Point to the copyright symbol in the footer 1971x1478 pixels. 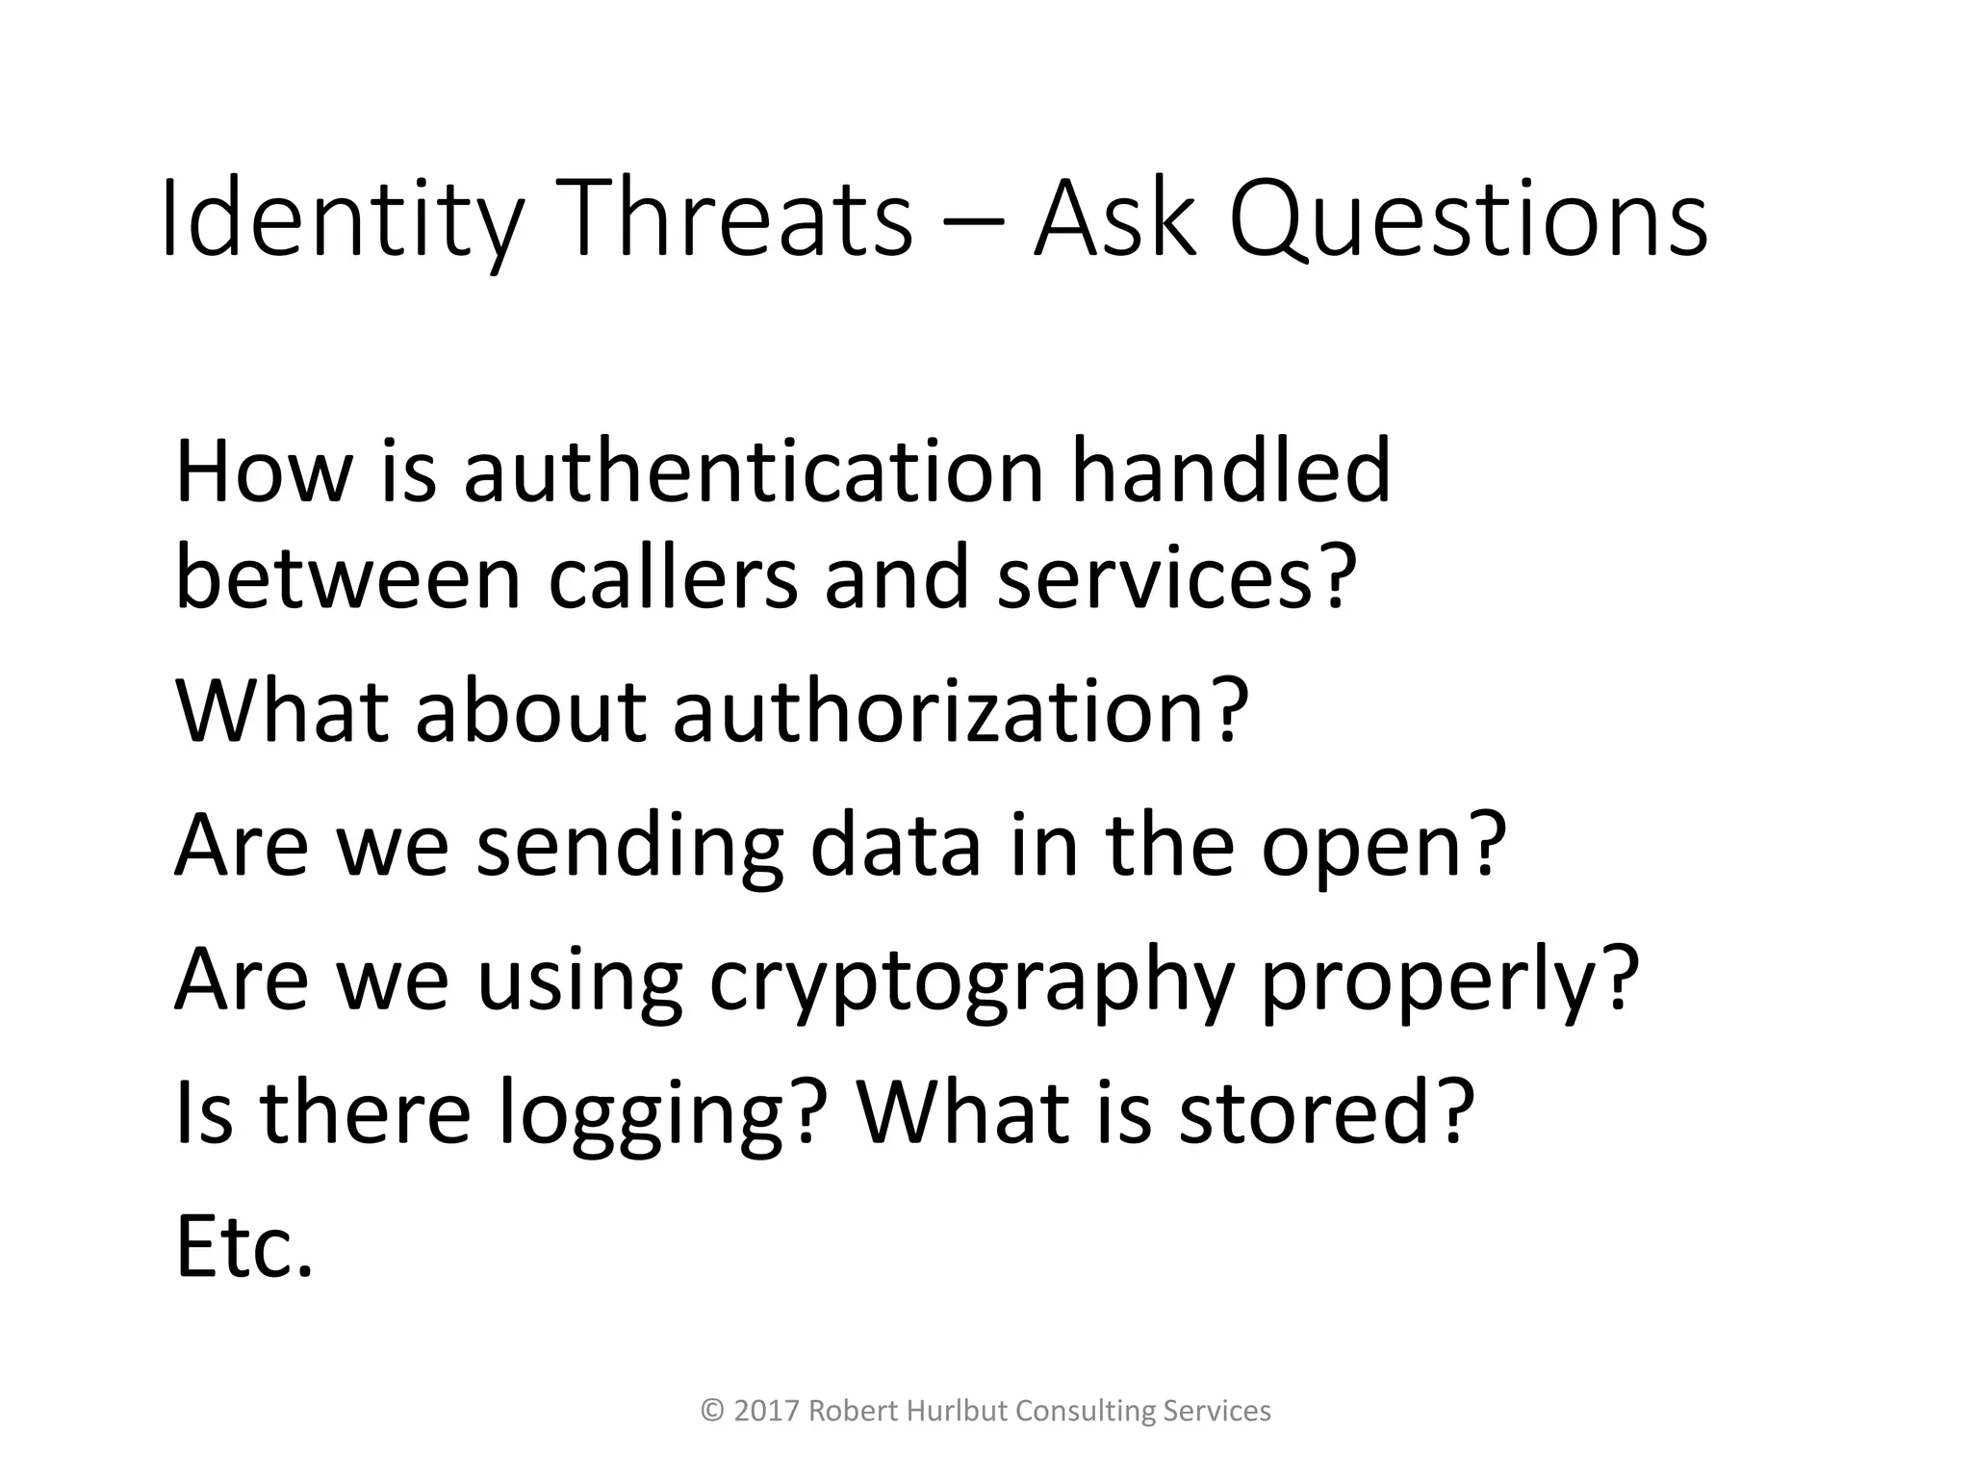pos(712,1412)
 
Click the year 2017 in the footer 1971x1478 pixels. pos(767,1412)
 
